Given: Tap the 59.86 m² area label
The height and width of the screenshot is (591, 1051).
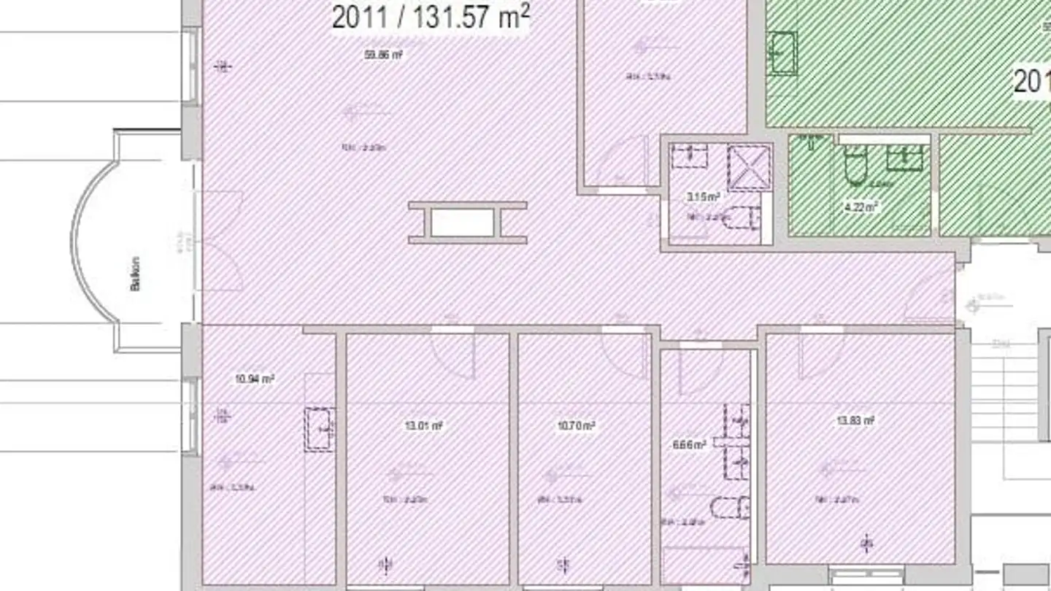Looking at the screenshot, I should click(x=385, y=55).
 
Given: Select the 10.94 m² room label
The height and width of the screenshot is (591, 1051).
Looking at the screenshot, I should click(x=255, y=379).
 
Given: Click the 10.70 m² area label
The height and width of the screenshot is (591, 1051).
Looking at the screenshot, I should click(x=577, y=425).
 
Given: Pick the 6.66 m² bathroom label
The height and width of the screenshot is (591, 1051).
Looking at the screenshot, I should click(x=689, y=444).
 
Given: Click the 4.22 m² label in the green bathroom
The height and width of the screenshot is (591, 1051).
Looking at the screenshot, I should click(x=861, y=207).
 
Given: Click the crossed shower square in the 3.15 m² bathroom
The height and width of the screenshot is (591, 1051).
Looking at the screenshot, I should click(x=750, y=168).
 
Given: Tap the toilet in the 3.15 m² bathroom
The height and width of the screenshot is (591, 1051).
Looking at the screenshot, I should click(x=744, y=217).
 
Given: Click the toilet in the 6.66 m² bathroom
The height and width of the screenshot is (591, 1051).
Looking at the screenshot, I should click(x=731, y=507).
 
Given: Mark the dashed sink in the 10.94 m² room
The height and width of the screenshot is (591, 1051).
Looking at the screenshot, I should click(x=319, y=429).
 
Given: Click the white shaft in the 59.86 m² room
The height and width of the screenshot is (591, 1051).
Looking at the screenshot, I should click(x=462, y=223).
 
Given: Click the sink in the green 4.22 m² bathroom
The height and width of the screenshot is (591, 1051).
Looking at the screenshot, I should click(x=905, y=157).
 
